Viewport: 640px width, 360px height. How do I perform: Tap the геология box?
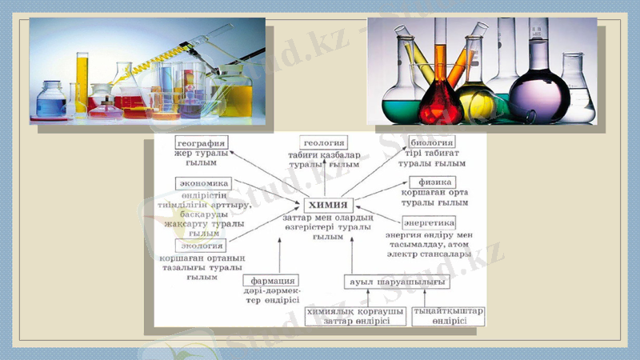(x=324, y=142)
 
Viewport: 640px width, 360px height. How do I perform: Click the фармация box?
(x=271, y=281)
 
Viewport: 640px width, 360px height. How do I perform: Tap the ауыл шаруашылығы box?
(x=396, y=282)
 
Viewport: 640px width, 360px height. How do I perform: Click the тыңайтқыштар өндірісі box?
(x=447, y=316)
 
